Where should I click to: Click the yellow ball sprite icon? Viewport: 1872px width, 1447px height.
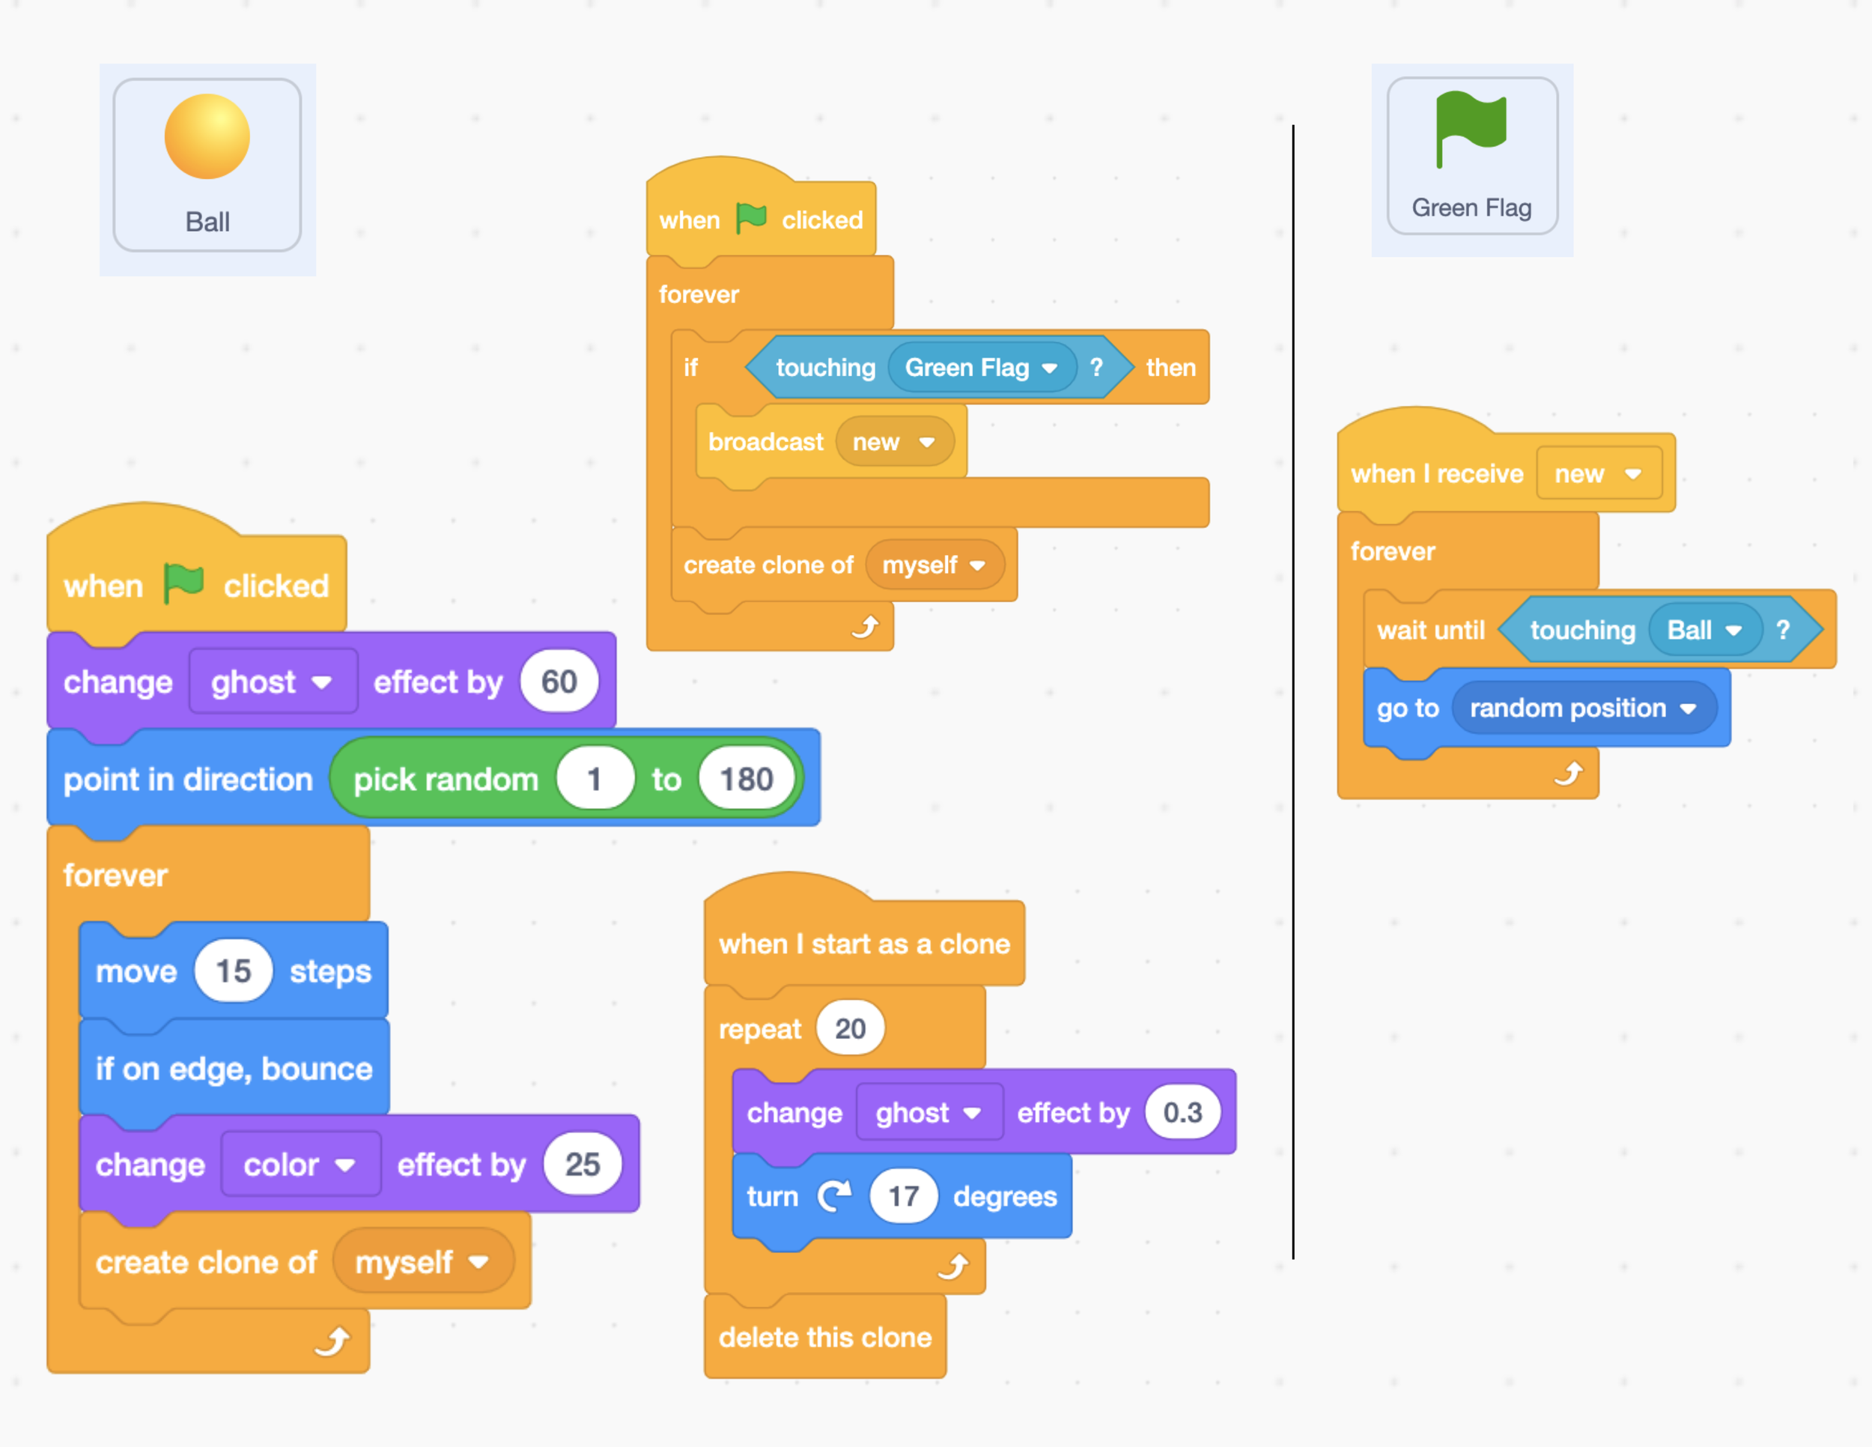click(x=207, y=137)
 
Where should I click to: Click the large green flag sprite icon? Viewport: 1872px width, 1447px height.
click(x=1471, y=129)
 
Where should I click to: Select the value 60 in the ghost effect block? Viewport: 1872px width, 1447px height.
click(x=559, y=682)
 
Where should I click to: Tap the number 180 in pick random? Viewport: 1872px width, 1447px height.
click(x=746, y=779)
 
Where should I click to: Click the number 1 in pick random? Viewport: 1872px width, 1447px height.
click(x=594, y=779)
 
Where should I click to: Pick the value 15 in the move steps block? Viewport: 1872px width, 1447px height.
click(x=233, y=971)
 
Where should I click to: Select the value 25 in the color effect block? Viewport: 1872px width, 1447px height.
click(x=582, y=1164)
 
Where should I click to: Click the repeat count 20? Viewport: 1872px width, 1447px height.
click(x=849, y=1028)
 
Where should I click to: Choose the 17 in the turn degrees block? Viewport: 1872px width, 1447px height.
click(x=902, y=1196)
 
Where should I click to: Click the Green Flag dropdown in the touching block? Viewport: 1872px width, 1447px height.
click(x=981, y=368)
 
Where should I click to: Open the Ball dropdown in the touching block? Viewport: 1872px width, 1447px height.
click(x=1704, y=630)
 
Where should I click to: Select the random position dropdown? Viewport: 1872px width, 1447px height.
click(x=1582, y=708)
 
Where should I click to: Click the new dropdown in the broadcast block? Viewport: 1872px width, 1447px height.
click(x=893, y=443)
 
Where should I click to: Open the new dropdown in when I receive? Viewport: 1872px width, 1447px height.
click(x=1597, y=473)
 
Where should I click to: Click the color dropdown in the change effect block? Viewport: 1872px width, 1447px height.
click(x=299, y=1164)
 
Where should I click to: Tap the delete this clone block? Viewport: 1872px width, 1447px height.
click(x=824, y=1336)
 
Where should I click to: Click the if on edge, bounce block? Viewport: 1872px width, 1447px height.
click(x=233, y=1069)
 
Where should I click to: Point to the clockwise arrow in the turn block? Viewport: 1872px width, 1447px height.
click(x=834, y=1195)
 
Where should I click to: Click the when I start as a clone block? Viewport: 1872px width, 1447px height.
click(x=864, y=944)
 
